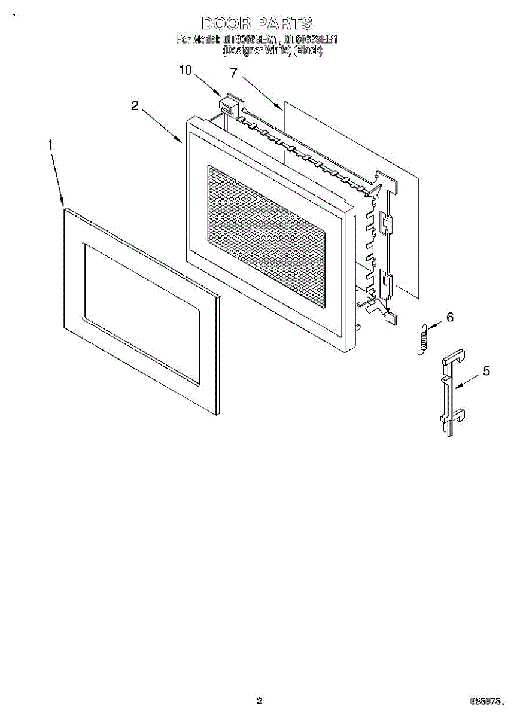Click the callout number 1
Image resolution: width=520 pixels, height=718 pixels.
pyautogui.click(x=51, y=145)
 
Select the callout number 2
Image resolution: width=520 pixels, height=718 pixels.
pyautogui.click(x=135, y=106)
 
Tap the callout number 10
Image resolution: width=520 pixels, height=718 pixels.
pyautogui.click(x=186, y=71)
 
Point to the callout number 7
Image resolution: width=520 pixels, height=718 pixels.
pyautogui.click(x=233, y=73)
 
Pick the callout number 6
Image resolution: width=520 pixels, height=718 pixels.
pyautogui.click(x=450, y=318)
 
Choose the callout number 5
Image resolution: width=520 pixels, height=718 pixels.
pyautogui.click(x=486, y=371)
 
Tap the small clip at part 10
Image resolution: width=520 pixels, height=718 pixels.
pyautogui.click(x=228, y=105)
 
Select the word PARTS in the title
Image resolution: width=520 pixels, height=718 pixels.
pyautogui.click(x=284, y=23)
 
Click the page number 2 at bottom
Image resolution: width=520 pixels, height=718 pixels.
pyautogui.click(x=259, y=701)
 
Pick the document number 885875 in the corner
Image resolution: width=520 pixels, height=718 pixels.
pyautogui.click(x=490, y=701)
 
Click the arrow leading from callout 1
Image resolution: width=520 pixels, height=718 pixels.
pyautogui.click(x=57, y=180)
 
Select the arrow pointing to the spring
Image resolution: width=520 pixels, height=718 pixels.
pyautogui.click(x=435, y=324)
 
